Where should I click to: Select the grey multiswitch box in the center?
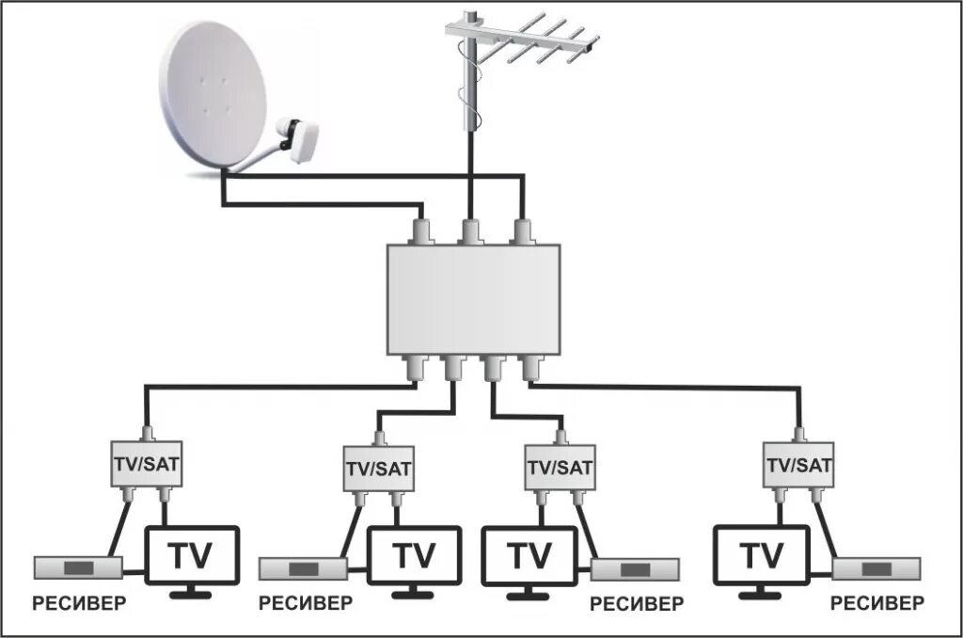tap(473, 298)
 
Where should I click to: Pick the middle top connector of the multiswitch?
tap(469, 229)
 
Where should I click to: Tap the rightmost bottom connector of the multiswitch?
tap(530, 368)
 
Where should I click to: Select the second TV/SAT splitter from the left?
tap(378, 468)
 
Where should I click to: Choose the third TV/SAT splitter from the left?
tap(560, 468)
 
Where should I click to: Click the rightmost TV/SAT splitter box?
tap(799, 465)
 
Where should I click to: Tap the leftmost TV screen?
tap(192, 557)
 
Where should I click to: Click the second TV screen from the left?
tap(414, 557)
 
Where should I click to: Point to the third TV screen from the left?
tap(529, 557)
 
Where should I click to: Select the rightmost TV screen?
tap(761, 557)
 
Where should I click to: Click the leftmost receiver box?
tap(79, 567)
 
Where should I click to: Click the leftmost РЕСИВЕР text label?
tap(79, 603)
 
